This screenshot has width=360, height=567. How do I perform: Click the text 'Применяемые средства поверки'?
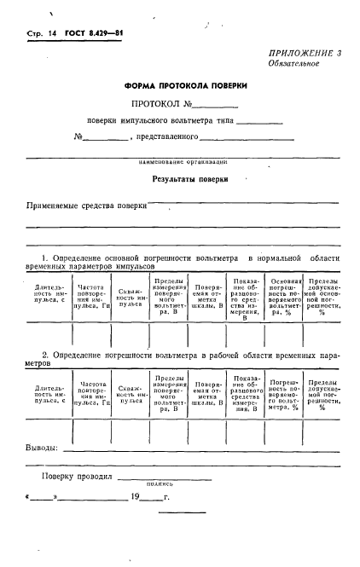point(86,205)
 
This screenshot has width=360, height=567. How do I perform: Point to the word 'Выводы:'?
point(42,448)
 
